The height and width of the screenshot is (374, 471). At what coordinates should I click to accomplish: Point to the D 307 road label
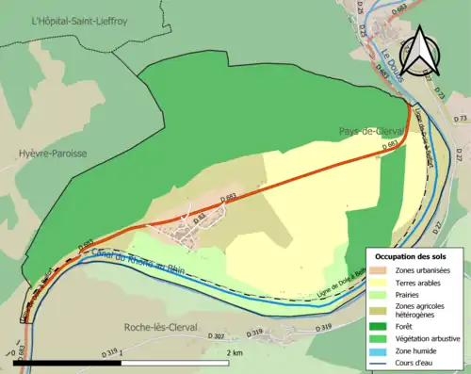tap(216, 336)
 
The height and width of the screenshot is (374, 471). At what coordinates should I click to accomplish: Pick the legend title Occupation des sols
tap(411, 256)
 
